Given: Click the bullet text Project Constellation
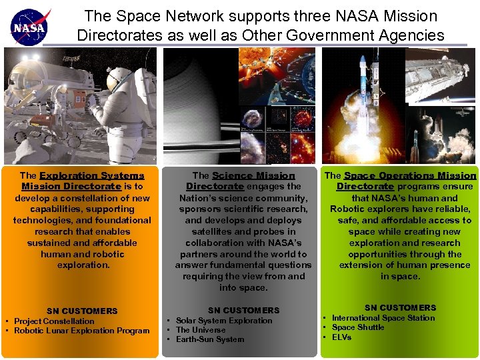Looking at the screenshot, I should click(x=54, y=321).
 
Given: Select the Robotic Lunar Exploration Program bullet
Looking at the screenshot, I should click(x=81, y=331).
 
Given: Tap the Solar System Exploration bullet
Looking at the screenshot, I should click(x=224, y=321).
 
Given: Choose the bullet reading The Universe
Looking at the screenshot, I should click(x=201, y=330).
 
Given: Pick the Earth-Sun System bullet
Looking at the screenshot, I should click(x=210, y=339).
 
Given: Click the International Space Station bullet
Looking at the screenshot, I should click(x=383, y=318).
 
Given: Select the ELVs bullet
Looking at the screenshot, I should click(x=341, y=337).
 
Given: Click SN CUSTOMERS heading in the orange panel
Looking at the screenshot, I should click(x=82, y=311).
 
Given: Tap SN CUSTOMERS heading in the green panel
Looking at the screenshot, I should click(x=400, y=307).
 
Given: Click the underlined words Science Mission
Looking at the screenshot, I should click(x=253, y=176).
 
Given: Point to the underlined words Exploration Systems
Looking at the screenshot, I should click(x=92, y=176).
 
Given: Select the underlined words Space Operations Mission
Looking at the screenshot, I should click(x=410, y=176).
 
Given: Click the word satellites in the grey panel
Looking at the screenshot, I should click(x=205, y=231).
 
